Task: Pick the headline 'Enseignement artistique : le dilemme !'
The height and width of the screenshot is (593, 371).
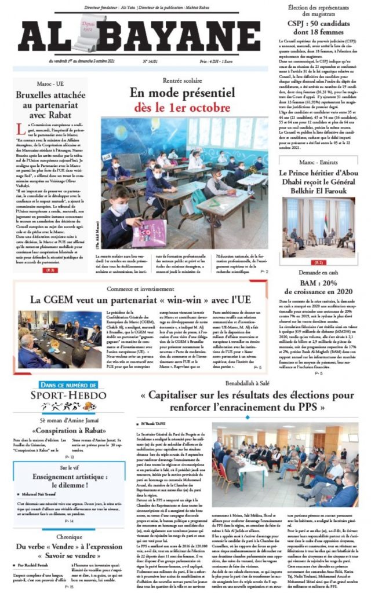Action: pyautogui.click(x=70, y=480)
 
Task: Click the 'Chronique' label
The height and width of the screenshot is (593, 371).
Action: pyautogui.click(x=70, y=537)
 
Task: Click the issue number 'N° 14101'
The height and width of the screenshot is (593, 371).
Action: pyautogui.click(x=152, y=60)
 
